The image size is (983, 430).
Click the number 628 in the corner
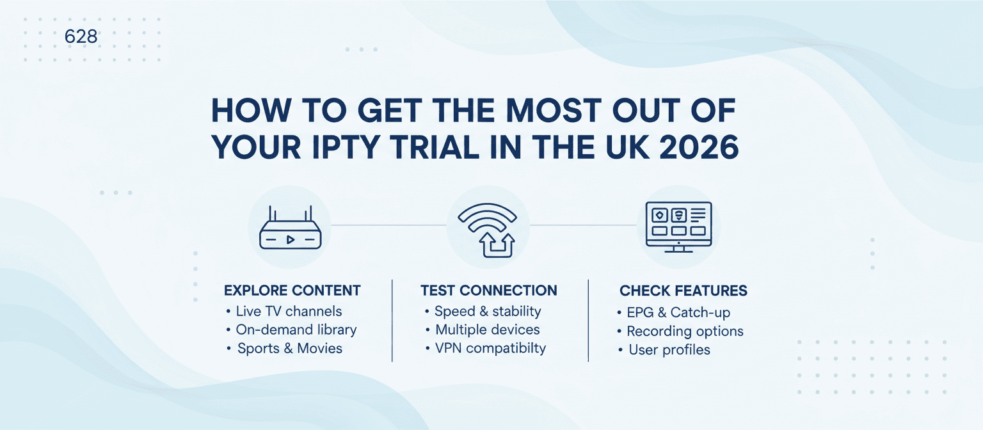coord(81,37)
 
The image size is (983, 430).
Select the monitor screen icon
coord(678,227)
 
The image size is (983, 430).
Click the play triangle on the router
coord(290,240)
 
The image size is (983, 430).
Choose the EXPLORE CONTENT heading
coord(292,291)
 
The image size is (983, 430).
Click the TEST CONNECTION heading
coord(489,291)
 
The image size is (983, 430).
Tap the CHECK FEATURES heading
coord(683,291)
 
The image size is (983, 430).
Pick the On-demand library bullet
coord(296,330)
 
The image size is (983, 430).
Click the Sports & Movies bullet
coord(289,349)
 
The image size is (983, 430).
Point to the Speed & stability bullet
coord(487,312)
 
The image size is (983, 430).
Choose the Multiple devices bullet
coord(487,330)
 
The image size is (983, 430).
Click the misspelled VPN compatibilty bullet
coord(490,349)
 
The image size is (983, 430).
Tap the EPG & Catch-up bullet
coord(678,313)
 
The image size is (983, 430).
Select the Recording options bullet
coord(684,331)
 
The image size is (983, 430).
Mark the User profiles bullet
coord(669,350)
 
